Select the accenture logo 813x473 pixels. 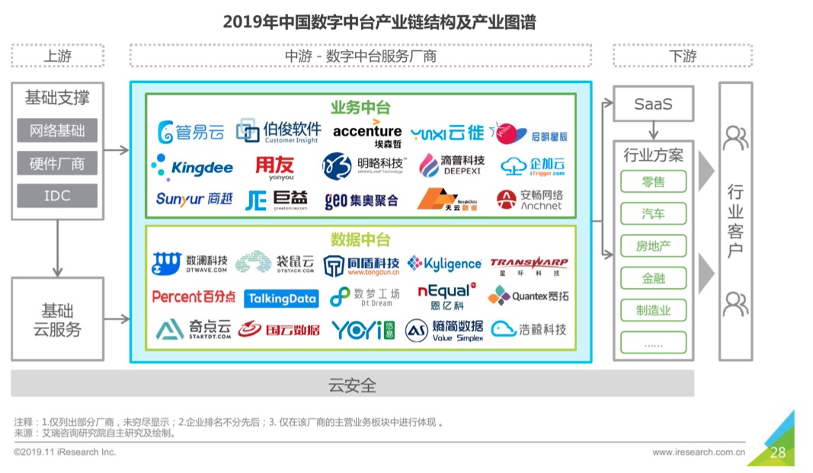click(x=367, y=133)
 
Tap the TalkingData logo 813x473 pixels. click(x=281, y=299)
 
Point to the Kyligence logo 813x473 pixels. click(x=444, y=264)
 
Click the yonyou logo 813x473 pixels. click(x=274, y=166)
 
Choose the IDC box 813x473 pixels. click(x=57, y=196)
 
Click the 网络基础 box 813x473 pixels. click(x=57, y=130)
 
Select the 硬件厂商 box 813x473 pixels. click(x=57, y=163)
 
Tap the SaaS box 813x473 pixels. click(x=653, y=104)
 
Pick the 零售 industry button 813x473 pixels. click(x=653, y=182)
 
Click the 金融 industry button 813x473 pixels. click(x=653, y=279)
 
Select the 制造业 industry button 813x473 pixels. click(x=653, y=311)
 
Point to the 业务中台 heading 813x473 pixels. click(x=360, y=107)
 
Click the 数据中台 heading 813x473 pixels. click(x=360, y=240)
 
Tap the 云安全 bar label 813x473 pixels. click(x=352, y=385)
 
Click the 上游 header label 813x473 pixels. click(x=57, y=56)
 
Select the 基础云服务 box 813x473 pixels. click(x=57, y=320)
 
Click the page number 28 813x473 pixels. click(x=777, y=452)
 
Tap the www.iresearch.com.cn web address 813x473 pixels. click(x=698, y=452)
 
